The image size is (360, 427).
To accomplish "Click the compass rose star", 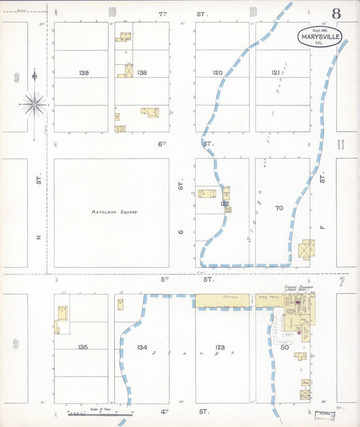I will [34, 105].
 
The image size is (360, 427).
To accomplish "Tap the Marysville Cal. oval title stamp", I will [319, 37].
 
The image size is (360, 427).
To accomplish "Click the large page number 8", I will [336, 14].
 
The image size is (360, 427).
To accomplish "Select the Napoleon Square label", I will [114, 212].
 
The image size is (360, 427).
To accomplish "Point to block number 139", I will [83, 72].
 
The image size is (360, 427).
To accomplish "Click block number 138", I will [141, 72].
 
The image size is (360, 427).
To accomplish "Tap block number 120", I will [217, 72].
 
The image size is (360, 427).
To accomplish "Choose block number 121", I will [276, 72].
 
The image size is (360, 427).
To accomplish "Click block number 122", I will [224, 203].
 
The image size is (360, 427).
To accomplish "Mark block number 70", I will [279, 208].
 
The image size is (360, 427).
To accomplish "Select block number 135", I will [82, 347].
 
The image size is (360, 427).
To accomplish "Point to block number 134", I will [142, 347].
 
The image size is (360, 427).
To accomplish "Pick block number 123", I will [220, 347].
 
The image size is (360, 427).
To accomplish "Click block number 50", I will [284, 347].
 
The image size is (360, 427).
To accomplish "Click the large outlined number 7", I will [342, 281].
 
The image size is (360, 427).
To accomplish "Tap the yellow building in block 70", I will [307, 249].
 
